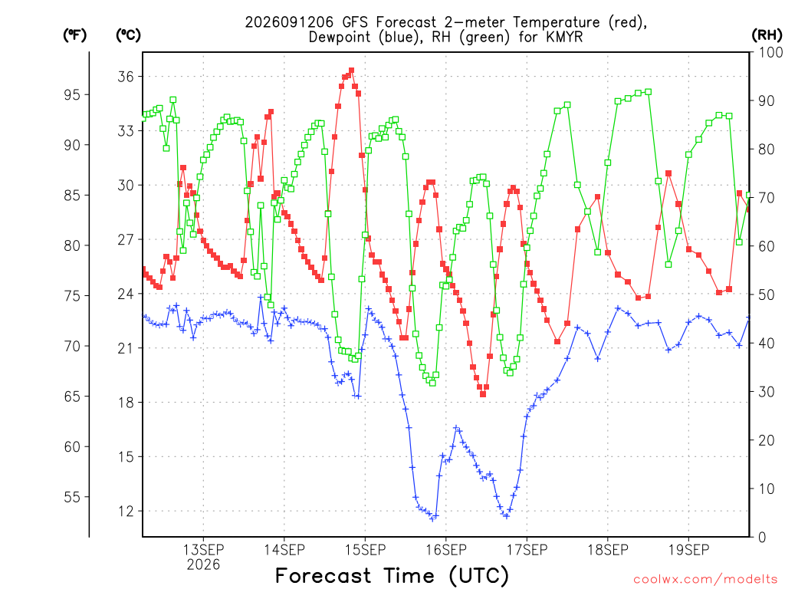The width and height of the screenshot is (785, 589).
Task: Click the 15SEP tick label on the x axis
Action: (365, 550)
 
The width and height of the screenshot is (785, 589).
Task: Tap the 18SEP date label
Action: (608, 550)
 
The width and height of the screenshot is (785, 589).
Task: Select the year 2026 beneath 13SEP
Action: (203, 565)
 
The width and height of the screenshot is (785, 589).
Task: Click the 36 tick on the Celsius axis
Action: (126, 77)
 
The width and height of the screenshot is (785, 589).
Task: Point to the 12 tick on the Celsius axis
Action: (126, 512)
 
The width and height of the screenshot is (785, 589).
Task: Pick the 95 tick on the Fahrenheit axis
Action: (72, 94)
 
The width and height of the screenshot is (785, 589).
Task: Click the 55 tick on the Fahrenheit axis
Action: (72, 497)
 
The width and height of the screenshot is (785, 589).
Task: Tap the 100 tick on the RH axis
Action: (770, 52)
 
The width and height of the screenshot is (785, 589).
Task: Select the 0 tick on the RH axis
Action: (762, 538)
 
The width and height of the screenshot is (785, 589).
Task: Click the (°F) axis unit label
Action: (74, 35)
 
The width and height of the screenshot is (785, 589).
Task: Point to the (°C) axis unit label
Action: (129, 35)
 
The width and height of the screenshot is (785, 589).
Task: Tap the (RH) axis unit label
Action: (767, 35)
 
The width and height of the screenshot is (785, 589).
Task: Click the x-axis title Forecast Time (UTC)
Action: (392, 575)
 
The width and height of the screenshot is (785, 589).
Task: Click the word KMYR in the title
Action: (564, 38)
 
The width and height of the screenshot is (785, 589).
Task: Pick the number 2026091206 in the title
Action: (289, 22)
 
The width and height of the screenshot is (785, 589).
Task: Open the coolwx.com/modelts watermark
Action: (706, 580)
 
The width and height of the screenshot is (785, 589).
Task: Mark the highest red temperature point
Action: (351, 71)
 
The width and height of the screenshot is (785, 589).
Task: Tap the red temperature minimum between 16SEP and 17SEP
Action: (483, 394)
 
